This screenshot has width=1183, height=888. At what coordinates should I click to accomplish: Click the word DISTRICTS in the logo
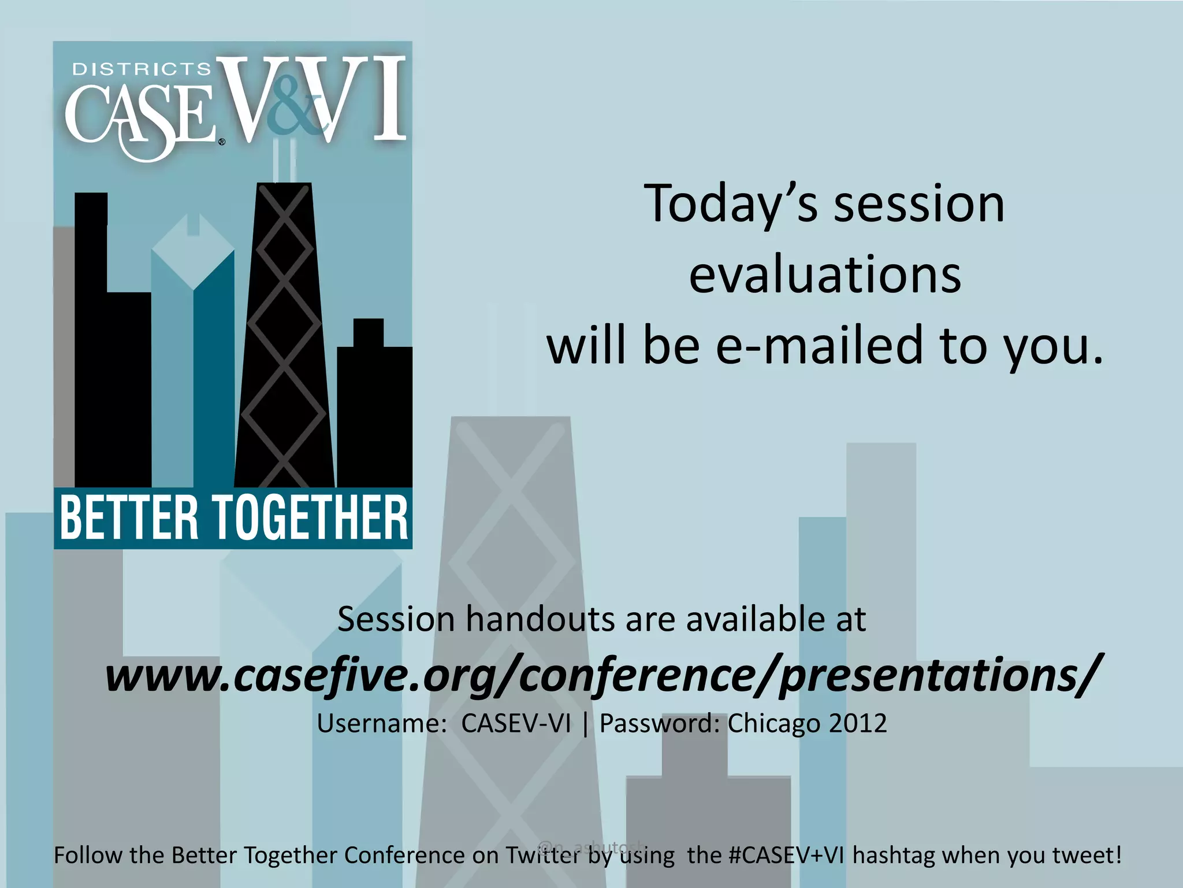coord(142,70)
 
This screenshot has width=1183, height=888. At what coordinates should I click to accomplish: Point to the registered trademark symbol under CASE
coord(222,142)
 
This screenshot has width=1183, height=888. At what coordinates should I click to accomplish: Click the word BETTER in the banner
coord(129,517)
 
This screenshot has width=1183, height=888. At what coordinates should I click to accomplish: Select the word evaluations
coord(825,275)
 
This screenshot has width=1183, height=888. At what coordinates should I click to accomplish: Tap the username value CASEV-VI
coord(516,723)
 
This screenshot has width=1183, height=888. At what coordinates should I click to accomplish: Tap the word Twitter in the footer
coord(543,855)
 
